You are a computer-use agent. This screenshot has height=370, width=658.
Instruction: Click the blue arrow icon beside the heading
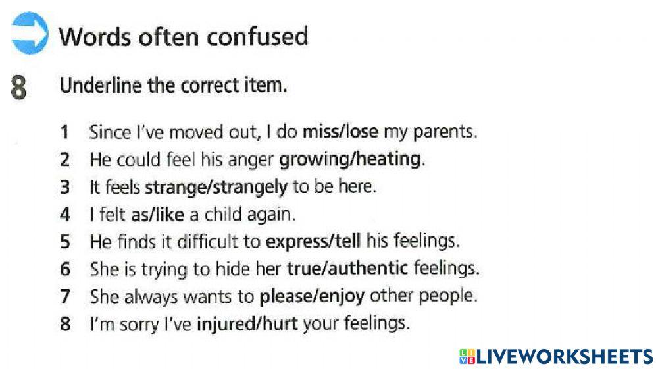[29, 34]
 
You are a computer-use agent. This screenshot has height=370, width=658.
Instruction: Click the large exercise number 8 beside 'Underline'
[20, 88]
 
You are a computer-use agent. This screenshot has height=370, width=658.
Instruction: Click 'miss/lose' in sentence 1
[340, 132]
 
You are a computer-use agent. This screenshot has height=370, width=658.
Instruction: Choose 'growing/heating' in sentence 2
[349, 159]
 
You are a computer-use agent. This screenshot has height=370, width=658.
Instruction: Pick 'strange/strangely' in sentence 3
[216, 187]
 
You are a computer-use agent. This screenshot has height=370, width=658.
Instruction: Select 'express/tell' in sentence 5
[313, 241]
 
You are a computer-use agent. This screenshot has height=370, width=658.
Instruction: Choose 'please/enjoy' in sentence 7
[312, 296]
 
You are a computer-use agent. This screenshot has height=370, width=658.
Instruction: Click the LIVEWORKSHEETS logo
[556, 356]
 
